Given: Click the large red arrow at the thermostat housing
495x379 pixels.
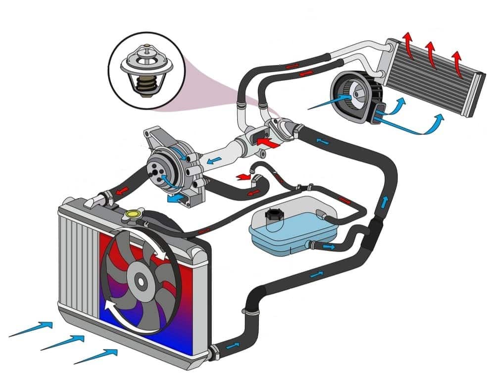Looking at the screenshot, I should click(x=266, y=144).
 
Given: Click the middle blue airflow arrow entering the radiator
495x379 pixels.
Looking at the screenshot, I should click(x=62, y=341).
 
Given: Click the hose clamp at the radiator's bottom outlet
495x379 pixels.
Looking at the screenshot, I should click(x=213, y=352).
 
